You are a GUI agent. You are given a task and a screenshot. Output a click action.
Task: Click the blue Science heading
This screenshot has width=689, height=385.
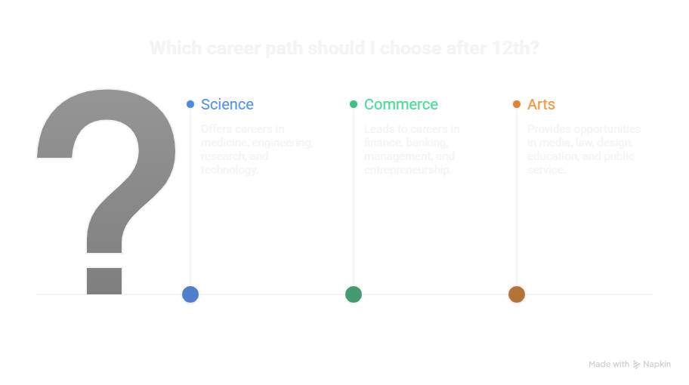pos(227,104)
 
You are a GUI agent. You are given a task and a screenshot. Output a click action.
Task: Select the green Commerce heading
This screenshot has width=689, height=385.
pos(400,104)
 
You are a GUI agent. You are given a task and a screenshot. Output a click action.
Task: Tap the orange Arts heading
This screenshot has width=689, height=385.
pos(541,104)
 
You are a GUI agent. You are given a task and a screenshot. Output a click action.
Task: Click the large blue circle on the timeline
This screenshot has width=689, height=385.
pos(190,294)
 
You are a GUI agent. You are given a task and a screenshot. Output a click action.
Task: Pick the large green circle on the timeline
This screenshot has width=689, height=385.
pos(354,294)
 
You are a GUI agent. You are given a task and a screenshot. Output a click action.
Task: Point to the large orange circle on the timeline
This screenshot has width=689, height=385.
pos(517,294)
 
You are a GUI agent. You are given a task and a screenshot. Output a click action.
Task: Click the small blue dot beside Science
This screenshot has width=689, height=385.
pos(190,104)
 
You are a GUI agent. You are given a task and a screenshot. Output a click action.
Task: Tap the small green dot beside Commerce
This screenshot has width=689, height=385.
pos(354,104)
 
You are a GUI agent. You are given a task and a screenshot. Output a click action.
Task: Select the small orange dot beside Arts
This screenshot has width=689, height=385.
pos(517,104)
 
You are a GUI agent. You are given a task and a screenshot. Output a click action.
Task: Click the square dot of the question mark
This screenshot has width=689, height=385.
pos(104,280)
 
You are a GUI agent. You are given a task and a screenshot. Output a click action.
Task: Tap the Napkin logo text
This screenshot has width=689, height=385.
pos(657,365)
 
